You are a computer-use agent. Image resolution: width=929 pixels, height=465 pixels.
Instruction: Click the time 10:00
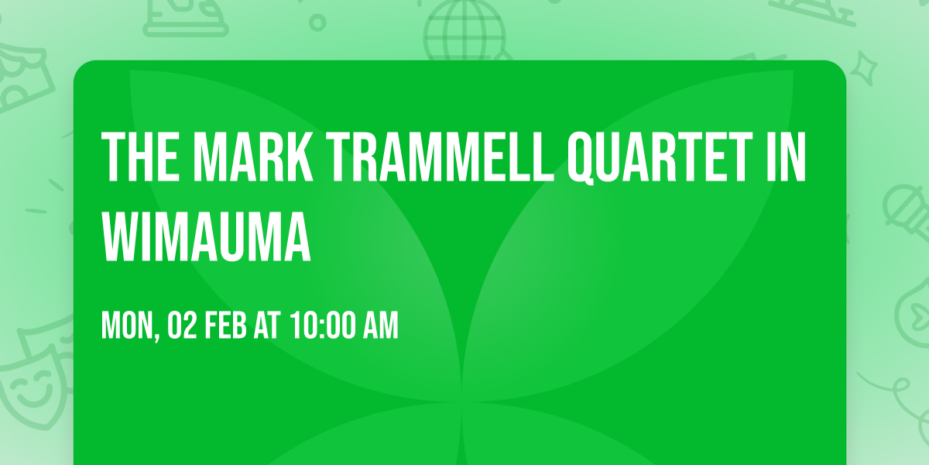323,326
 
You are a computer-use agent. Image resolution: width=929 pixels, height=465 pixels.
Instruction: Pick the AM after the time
381,326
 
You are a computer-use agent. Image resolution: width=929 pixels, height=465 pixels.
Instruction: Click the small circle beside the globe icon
317,22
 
